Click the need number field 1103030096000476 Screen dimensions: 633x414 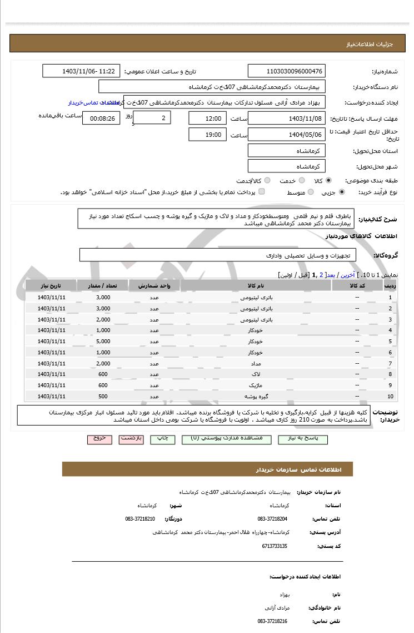click(286, 71)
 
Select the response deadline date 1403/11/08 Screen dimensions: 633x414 click(286, 118)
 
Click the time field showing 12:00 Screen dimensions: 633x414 click(207, 118)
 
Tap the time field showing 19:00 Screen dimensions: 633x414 click(207, 135)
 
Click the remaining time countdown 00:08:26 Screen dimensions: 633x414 click(101, 118)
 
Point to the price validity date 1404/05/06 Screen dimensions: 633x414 click(286, 135)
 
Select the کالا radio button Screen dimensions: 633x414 click(329, 181)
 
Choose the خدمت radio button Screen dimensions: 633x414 click(301, 181)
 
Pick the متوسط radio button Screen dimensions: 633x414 click(310, 192)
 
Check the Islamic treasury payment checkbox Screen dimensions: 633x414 click(262, 192)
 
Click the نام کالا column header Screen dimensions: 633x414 click(256, 285)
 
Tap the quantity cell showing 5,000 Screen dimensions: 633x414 click(103, 342)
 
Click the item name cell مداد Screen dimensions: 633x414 click(256, 363)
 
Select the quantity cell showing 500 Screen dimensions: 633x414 click(103, 397)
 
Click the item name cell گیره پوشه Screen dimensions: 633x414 click(256, 397)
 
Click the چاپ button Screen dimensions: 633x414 click(162, 438)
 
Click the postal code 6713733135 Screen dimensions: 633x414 click(275, 546)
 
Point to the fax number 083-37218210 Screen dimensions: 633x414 click(140, 519)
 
